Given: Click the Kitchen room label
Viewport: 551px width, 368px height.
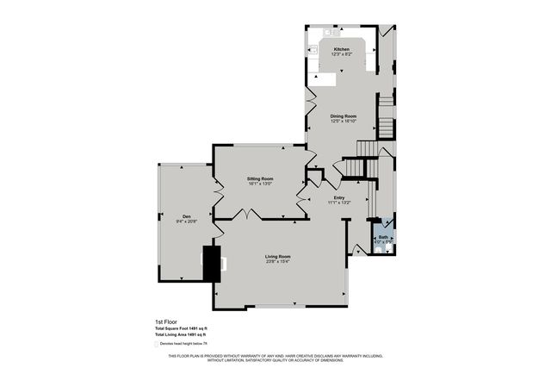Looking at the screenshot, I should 342,49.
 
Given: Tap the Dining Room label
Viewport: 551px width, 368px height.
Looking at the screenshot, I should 344,115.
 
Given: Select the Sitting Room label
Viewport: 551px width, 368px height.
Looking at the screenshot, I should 248,178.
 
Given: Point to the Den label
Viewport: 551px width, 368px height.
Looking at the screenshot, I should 186,216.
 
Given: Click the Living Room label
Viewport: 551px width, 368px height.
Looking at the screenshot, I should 277,256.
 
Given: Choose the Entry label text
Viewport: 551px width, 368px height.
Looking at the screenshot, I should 339,197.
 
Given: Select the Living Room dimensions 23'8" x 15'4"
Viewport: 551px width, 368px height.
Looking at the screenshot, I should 277,261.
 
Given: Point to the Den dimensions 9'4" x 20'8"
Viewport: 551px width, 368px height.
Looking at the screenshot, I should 187,221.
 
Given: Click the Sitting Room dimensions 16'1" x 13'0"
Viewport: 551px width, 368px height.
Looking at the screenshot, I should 248,184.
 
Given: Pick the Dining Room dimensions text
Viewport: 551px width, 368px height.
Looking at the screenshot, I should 344,121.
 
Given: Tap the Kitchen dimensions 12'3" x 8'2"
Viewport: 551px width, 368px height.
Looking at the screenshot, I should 342,54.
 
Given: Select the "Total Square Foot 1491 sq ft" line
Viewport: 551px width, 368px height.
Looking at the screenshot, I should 182,328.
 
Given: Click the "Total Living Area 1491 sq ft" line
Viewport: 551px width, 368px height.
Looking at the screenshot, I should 182,334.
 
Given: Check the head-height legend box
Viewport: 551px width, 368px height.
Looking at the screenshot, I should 158,343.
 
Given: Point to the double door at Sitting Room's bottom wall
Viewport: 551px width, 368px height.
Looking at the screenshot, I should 249,213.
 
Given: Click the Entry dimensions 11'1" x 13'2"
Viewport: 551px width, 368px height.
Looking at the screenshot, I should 339,203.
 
